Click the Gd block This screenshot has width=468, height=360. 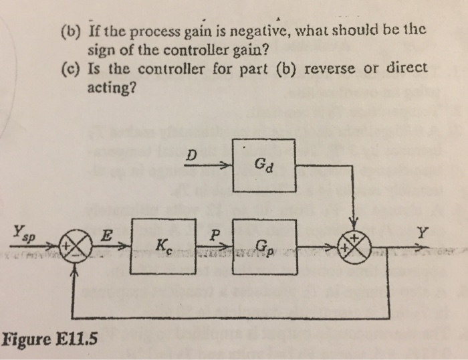263,165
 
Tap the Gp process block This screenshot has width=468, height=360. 263,245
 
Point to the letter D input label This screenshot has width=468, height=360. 193,155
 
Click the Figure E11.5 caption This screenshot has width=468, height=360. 49,337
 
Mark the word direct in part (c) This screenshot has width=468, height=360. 403,70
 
